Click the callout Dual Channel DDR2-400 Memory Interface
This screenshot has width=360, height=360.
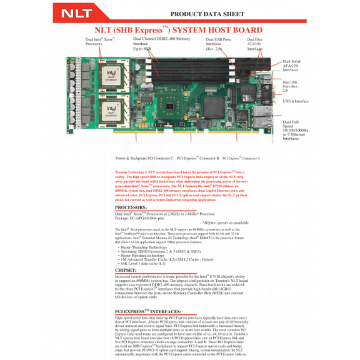[161, 42]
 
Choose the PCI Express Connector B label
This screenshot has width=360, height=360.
[198, 159]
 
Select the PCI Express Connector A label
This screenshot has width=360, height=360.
[241, 159]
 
